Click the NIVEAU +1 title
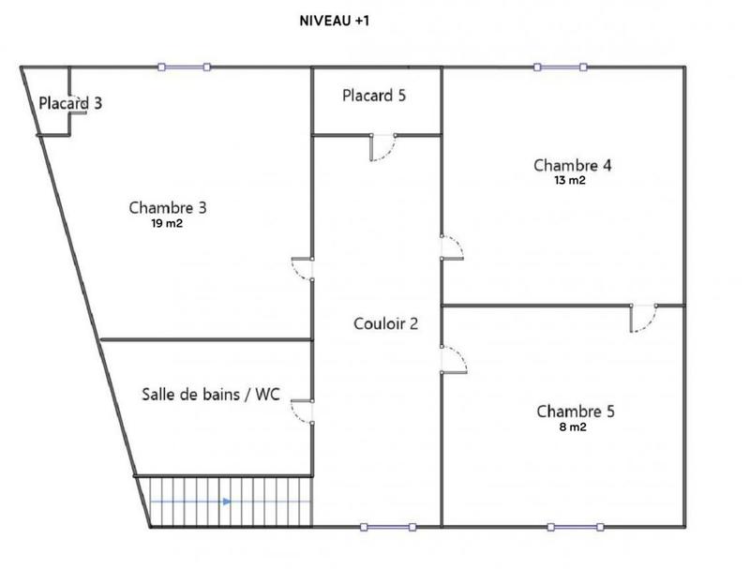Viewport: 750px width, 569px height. click(x=334, y=19)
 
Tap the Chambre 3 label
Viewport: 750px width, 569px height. click(x=168, y=207)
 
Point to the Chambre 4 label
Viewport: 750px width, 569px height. click(x=573, y=165)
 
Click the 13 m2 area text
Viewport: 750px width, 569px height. click(x=570, y=181)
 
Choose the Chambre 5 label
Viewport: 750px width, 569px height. click(x=576, y=412)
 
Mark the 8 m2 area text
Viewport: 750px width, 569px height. click(x=572, y=428)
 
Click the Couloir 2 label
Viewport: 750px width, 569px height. click(x=385, y=324)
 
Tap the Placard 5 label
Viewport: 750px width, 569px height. click(x=374, y=95)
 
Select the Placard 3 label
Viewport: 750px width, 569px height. click(x=70, y=102)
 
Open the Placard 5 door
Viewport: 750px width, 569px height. click(x=383, y=148)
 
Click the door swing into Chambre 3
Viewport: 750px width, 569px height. click(x=302, y=268)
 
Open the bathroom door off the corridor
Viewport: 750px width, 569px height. click(x=302, y=412)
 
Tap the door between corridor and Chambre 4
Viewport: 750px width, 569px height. click(x=452, y=247)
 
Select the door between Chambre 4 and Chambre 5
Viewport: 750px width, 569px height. click(x=643, y=318)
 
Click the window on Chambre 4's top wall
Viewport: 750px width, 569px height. click(x=560, y=67)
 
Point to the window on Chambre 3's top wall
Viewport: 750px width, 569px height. click(x=184, y=67)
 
